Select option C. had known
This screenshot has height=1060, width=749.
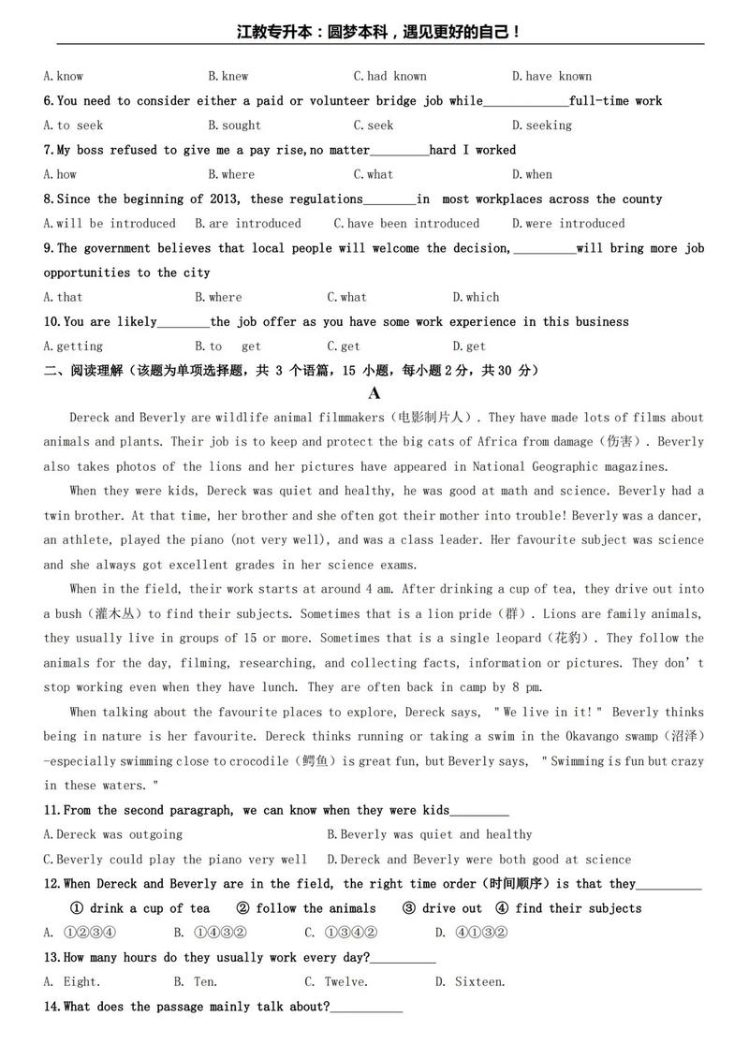[389, 77]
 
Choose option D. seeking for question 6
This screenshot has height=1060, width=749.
[541, 125]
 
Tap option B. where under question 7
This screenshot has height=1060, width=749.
[230, 174]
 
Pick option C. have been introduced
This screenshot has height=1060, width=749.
[406, 224]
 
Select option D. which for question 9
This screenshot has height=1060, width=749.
[476, 298]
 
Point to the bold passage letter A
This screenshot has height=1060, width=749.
[374, 394]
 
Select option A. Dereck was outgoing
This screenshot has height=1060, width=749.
[113, 834]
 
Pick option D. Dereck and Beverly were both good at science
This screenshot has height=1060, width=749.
[478, 860]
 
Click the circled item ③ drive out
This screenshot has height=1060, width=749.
[442, 908]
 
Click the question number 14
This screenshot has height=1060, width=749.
[51, 1007]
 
